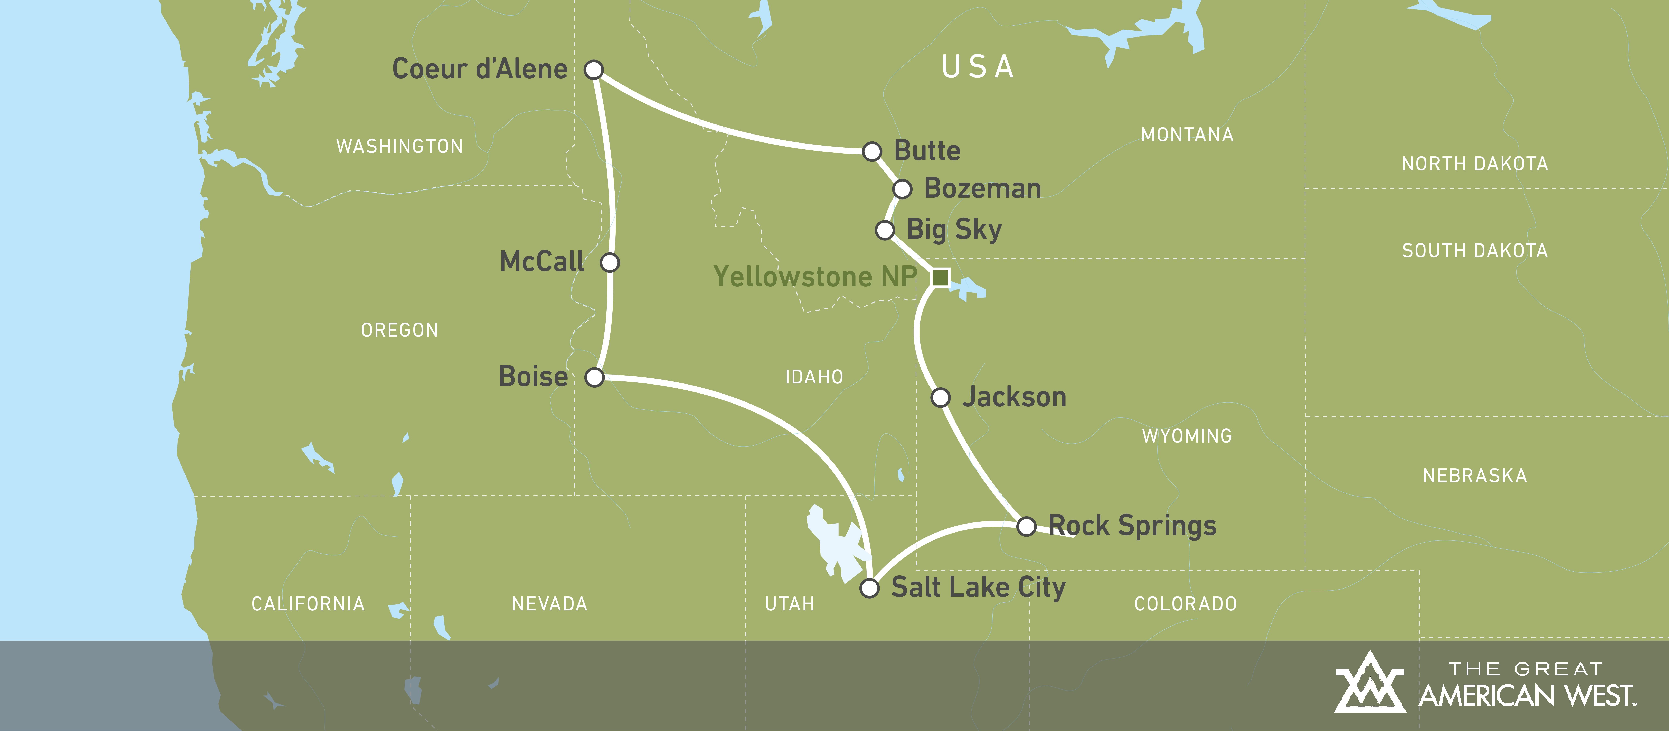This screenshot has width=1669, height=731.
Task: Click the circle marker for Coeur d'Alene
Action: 593,69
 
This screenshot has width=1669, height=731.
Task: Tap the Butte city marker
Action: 872,151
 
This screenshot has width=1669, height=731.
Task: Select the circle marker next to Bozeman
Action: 902,189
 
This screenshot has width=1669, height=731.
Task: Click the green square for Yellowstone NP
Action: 940,277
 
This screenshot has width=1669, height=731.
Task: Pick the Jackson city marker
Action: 940,397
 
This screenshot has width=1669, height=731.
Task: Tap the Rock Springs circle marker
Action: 1026,526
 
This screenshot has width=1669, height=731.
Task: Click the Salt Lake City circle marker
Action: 869,588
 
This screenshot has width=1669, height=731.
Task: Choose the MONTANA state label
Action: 1187,135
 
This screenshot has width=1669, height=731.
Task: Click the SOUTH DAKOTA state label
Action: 1475,251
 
